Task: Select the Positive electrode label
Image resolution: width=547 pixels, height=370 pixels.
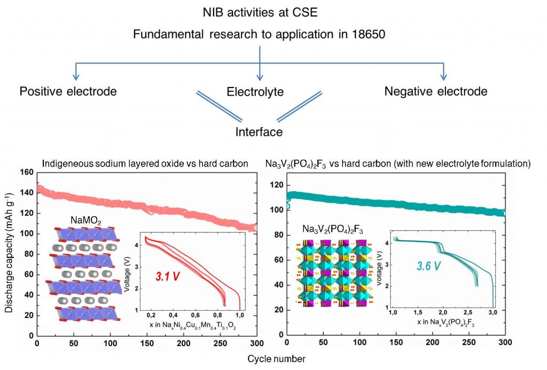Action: coord(68,91)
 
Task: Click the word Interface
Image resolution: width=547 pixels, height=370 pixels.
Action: coord(259,131)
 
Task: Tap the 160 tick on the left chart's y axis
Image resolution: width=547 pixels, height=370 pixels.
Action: coord(25,173)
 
